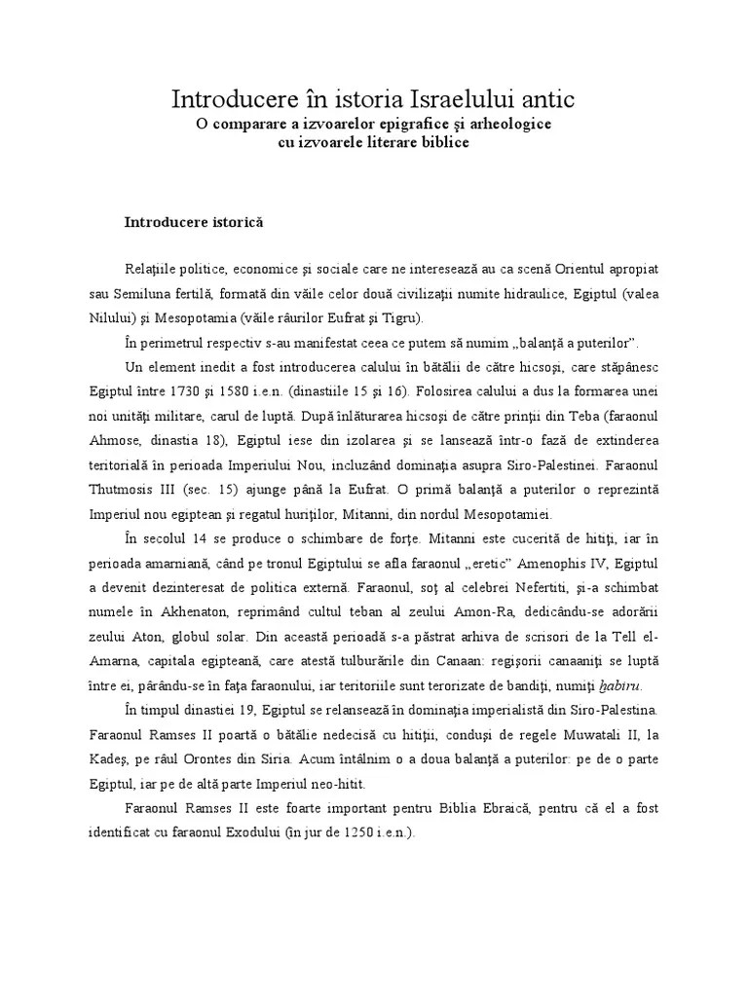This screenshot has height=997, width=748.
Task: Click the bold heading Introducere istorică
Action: pyautogui.click(x=194, y=222)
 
